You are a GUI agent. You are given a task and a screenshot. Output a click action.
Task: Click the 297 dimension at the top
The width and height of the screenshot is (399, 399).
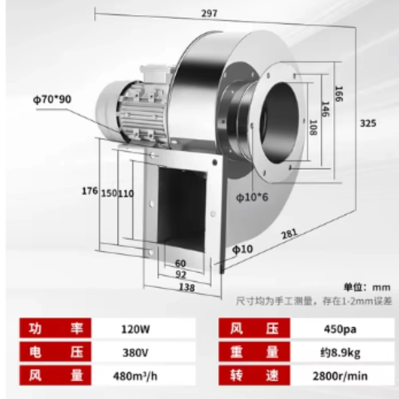[x=209, y=13]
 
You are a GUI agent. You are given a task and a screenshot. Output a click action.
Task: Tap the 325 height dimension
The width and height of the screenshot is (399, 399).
[x=368, y=123]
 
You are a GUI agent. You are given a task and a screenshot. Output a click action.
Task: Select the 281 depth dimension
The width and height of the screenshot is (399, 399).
[x=290, y=235]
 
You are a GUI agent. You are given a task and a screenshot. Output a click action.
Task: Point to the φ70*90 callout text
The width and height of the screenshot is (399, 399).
[x=52, y=99]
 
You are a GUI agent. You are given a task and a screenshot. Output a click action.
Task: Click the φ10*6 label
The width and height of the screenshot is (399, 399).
[x=251, y=197]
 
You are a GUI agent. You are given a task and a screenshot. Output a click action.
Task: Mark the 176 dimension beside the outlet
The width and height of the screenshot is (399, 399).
[x=89, y=191]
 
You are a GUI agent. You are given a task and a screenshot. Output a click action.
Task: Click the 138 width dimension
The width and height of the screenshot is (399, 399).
[x=187, y=287]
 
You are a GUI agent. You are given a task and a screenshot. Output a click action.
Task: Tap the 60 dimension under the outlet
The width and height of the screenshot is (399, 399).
[x=180, y=263]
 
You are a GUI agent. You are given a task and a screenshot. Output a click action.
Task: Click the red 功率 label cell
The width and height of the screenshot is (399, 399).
[x=56, y=330]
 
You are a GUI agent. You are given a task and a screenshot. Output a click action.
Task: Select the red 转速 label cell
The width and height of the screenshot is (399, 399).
[x=255, y=375]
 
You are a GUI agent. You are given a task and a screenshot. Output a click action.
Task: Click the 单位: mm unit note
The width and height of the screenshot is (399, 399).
[x=367, y=287]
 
